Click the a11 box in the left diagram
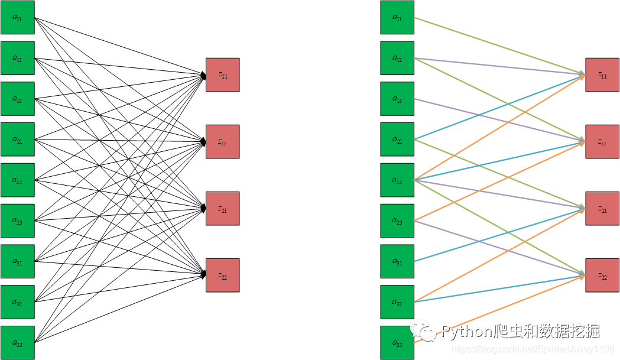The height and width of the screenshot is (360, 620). click(x=17, y=18)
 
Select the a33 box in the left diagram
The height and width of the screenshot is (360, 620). click(x=17, y=342)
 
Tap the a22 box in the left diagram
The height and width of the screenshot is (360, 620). click(x=17, y=180)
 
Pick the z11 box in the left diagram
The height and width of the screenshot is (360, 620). click(x=222, y=74)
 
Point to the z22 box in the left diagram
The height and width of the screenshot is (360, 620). click(x=222, y=275)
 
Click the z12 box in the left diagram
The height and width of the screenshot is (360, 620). click(x=222, y=141)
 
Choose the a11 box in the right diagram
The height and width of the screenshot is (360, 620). click(x=397, y=18)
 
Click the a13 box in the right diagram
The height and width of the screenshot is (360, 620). click(x=397, y=99)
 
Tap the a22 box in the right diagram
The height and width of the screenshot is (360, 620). click(x=397, y=180)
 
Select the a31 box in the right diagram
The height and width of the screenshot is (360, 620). click(x=397, y=261)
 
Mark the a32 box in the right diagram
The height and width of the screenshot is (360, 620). click(x=397, y=301)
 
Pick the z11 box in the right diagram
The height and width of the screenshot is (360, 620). click(x=602, y=74)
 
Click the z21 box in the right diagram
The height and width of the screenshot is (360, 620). click(x=602, y=208)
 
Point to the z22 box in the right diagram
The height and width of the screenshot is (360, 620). click(x=602, y=275)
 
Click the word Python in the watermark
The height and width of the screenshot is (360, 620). click(x=467, y=331)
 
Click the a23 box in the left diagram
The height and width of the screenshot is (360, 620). click(x=17, y=220)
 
